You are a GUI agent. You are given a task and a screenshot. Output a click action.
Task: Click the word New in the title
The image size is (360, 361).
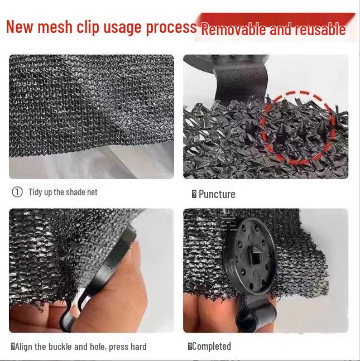pos(21,27)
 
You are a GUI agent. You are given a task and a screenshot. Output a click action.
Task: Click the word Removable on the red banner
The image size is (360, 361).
pos(233,30)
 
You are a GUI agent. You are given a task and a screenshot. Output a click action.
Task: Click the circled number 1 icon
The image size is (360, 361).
pos(17,192)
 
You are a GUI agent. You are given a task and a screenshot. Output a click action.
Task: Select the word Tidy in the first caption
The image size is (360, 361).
pos(36,192)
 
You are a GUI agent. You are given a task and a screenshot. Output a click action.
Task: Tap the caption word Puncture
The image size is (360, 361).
pos(217,194)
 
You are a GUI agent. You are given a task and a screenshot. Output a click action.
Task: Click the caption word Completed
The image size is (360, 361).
pos(211,346)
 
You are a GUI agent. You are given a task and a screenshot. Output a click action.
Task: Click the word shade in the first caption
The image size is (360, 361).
pos(75,192)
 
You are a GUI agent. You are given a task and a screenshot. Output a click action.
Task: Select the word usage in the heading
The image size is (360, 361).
pos(122,28)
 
